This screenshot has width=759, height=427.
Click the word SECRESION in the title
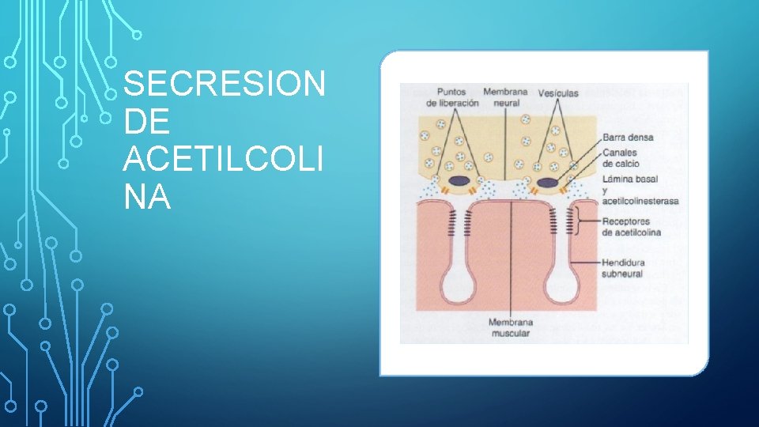[225, 85]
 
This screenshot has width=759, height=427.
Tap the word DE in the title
[147, 123]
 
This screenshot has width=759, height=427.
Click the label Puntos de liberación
[451, 97]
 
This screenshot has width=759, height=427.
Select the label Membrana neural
[505, 97]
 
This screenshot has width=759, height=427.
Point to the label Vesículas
[558, 93]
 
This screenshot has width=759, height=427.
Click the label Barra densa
[628, 137]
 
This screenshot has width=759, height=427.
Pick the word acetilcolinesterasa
[640, 201]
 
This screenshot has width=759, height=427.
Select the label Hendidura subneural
[623, 268]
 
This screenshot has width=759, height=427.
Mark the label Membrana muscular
[510, 328]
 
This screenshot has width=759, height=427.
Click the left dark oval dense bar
[459, 183]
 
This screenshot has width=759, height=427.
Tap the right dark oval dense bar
[547, 183]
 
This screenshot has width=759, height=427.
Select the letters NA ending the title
[147, 198]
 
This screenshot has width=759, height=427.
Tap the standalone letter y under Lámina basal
[605, 191]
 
